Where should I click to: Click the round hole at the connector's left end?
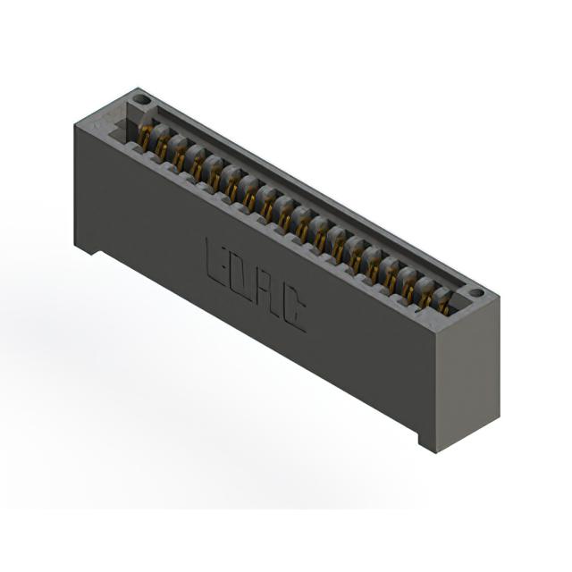[x=140, y=99]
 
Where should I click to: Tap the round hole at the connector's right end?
[x=476, y=292]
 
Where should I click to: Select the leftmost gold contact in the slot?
[x=144, y=138]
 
